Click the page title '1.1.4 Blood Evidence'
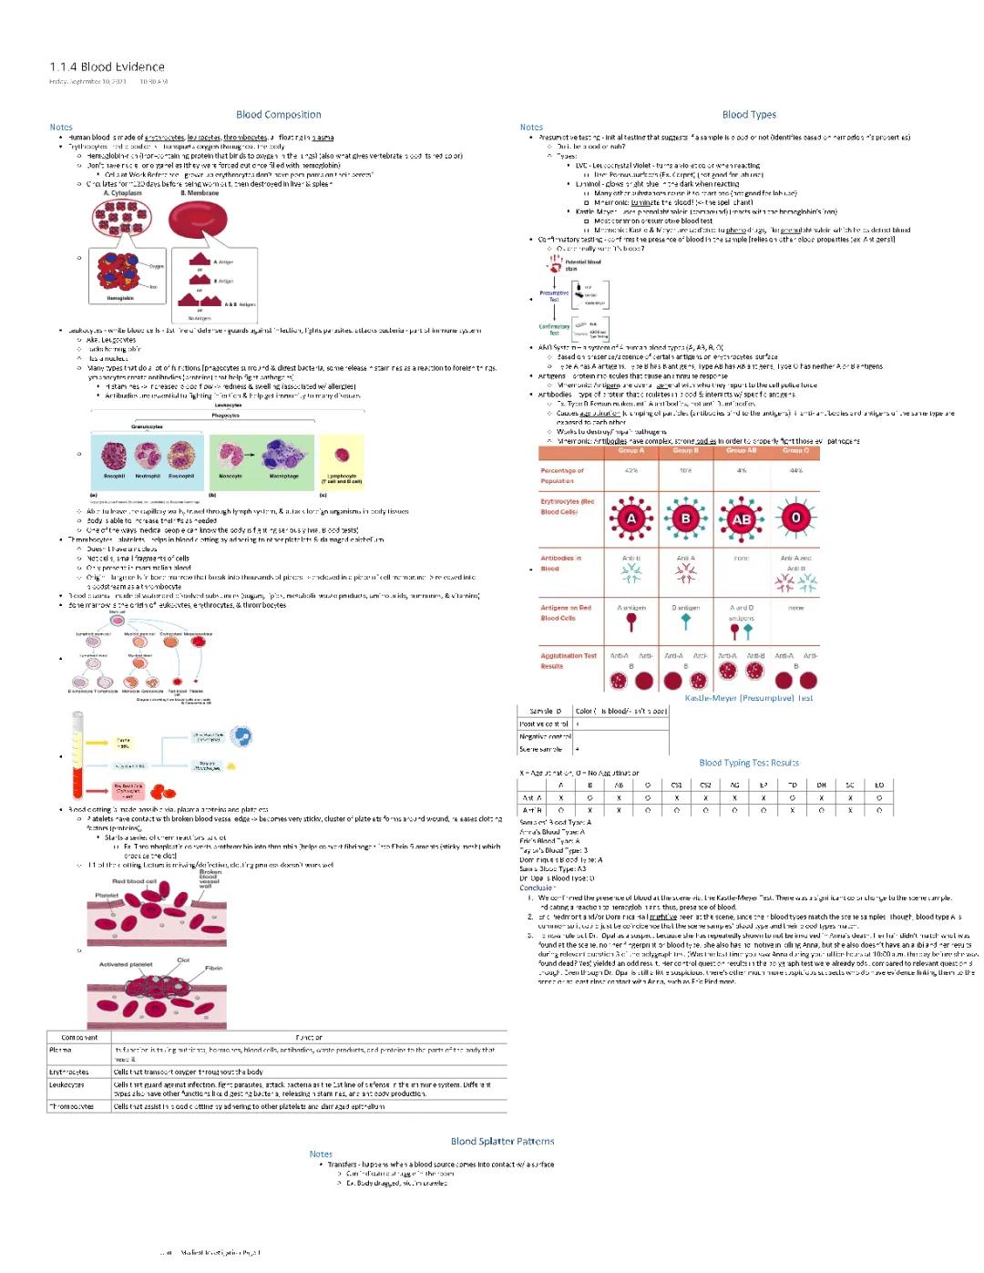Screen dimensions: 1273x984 coord(107,67)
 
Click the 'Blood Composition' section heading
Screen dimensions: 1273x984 coord(278,115)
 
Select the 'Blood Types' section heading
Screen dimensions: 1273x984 coord(749,115)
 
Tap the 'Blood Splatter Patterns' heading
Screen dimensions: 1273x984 coord(502,1141)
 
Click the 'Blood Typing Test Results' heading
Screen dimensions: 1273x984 coord(749,763)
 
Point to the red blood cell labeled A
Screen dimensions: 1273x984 coord(630,518)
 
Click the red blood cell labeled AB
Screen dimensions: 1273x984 coord(742,518)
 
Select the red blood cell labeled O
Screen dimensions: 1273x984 coord(795,518)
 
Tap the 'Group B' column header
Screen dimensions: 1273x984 coord(685,450)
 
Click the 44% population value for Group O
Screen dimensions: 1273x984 coord(795,471)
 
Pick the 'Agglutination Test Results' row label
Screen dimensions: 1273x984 coord(569,661)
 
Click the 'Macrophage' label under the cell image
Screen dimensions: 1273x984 coord(283,476)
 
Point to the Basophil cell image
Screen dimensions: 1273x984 coord(115,455)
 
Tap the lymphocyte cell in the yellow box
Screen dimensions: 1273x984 coord(342,455)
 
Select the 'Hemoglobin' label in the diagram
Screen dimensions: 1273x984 coord(120,298)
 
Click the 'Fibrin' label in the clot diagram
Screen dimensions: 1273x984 coord(214,968)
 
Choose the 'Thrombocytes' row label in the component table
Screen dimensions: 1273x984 coord(71,1106)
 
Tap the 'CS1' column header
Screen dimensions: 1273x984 coord(676,785)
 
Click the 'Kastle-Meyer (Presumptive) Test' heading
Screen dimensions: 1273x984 coord(749,698)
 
